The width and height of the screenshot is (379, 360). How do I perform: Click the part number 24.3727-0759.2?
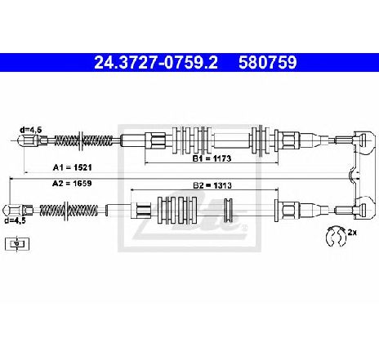(156, 62)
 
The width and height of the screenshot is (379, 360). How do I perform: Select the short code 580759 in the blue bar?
(267, 62)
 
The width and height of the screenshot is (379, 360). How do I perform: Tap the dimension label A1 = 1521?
(72, 167)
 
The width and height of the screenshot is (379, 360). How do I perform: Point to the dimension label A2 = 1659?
(72, 183)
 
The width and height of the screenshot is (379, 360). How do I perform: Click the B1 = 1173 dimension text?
(212, 158)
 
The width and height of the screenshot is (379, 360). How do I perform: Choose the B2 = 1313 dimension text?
(212, 185)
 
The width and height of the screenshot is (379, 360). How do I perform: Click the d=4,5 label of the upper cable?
(31, 130)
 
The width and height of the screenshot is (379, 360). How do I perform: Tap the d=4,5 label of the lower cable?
(15, 220)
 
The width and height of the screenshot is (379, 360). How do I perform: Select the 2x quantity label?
(352, 233)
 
